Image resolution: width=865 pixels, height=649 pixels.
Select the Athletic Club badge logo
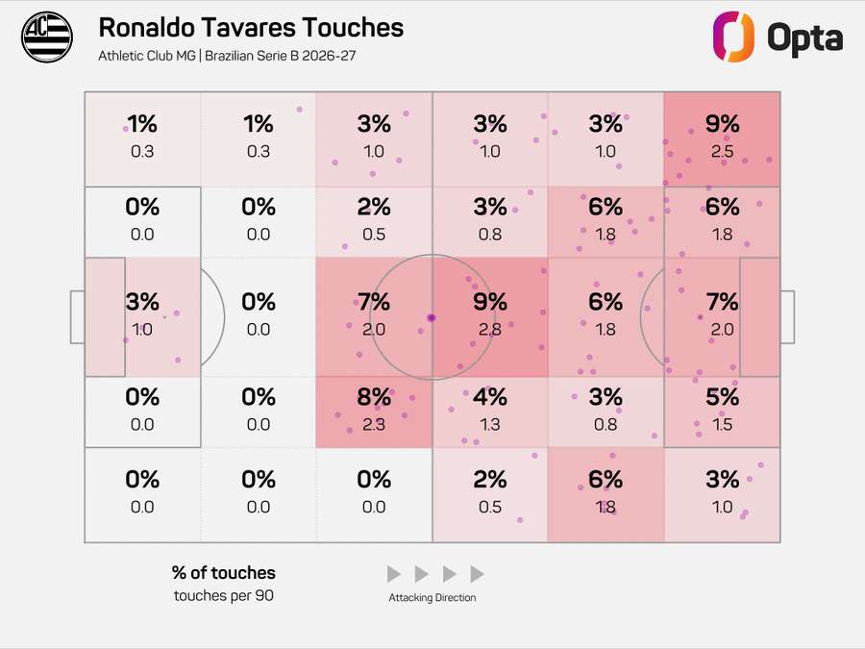(x=47, y=38)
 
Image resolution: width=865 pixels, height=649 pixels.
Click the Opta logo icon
(x=732, y=37)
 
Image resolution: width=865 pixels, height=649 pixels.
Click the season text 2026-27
(x=331, y=55)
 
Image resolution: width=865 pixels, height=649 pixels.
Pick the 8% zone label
(x=374, y=396)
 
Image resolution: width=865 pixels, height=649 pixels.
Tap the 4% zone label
(x=490, y=396)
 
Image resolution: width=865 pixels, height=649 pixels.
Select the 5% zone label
(x=722, y=396)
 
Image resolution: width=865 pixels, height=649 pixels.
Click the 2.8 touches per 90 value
(x=490, y=329)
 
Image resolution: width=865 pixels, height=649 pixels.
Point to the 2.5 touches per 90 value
(x=722, y=151)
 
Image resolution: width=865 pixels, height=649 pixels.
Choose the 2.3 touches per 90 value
(x=374, y=424)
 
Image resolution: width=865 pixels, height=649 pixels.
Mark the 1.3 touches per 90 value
(x=490, y=424)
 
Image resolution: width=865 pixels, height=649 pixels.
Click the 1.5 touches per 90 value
(x=722, y=424)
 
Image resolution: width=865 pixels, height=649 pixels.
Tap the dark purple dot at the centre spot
(x=432, y=317)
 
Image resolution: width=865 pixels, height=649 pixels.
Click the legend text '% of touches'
(x=224, y=573)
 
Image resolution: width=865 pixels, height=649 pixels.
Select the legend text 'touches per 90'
(x=224, y=595)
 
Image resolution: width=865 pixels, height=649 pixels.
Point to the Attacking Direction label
(x=432, y=598)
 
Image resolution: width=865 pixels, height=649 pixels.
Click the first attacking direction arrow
(x=393, y=574)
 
